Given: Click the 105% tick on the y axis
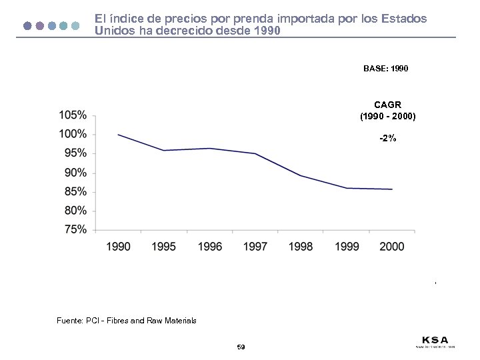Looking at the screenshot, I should coord(73,115).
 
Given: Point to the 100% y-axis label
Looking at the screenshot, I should coord(73,134).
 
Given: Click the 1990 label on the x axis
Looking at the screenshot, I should coord(119,247).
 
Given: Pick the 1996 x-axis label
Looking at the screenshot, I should coord(210,247).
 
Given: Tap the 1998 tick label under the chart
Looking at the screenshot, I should coord(301,247).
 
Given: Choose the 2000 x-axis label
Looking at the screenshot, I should coord(391,247).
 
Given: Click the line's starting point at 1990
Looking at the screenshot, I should coord(119,135).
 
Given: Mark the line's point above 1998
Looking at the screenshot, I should coord(301,175).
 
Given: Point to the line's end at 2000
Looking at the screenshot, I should coord(392,189).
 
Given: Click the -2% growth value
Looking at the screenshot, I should coord(387,139).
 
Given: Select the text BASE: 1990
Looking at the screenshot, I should coord(386,69).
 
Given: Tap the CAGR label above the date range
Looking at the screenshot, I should coord(387,105).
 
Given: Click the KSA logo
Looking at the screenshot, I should coord(435,340).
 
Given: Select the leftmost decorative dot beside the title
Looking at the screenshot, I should coord(27,26).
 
